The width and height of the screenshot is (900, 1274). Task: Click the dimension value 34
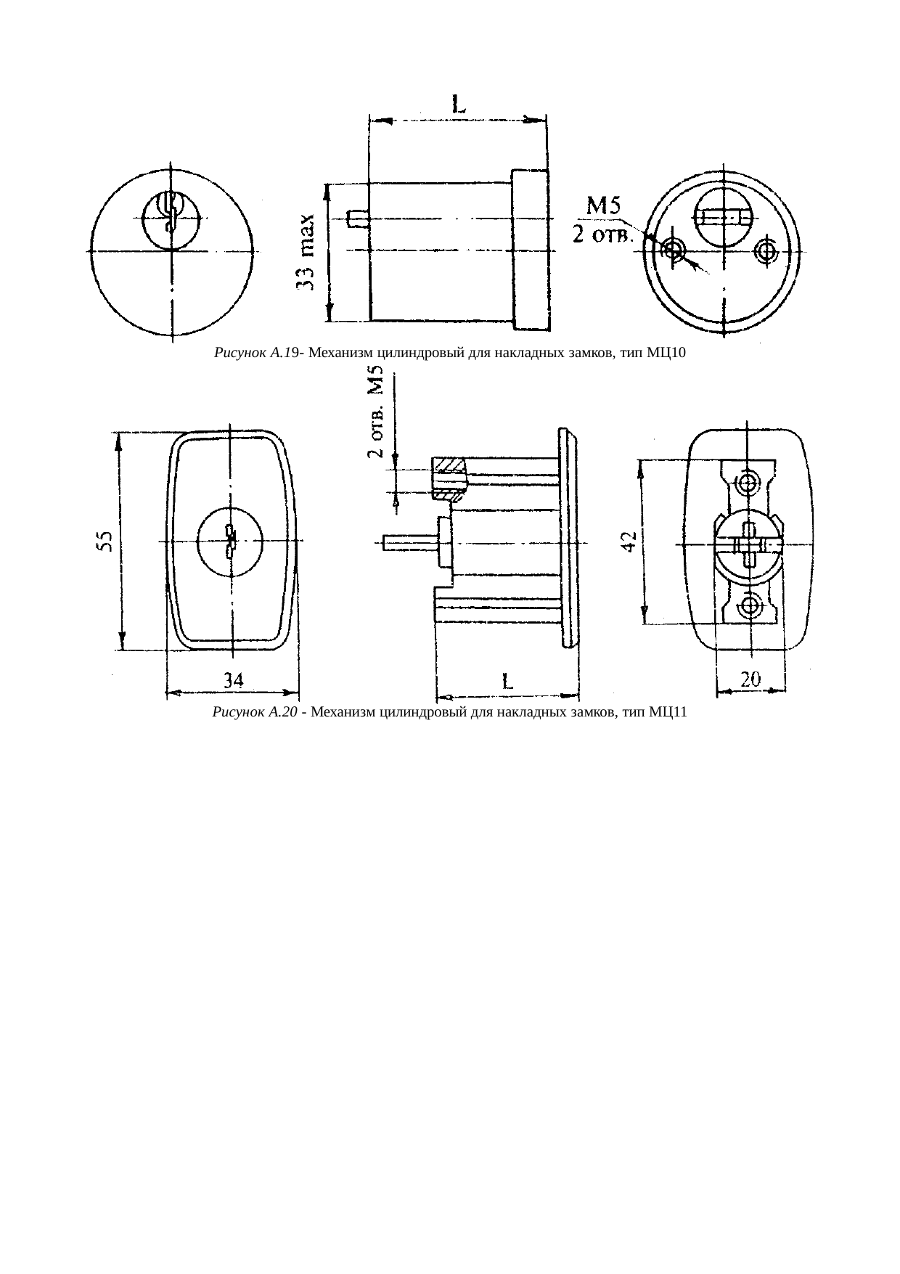click(x=232, y=681)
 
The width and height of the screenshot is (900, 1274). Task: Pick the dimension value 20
click(x=750, y=679)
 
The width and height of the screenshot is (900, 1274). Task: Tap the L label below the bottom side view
click(x=507, y=682)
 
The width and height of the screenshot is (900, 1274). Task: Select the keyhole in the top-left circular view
click(x=171, y=211)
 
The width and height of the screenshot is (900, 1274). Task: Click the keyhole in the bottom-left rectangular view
click(x=231, y=542)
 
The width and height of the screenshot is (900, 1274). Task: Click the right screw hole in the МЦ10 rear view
click(x=765, y=250)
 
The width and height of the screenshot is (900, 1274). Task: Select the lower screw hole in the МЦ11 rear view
click(x=749, y=604)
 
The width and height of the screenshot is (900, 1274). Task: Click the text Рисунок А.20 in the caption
click(x=255, y=712)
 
